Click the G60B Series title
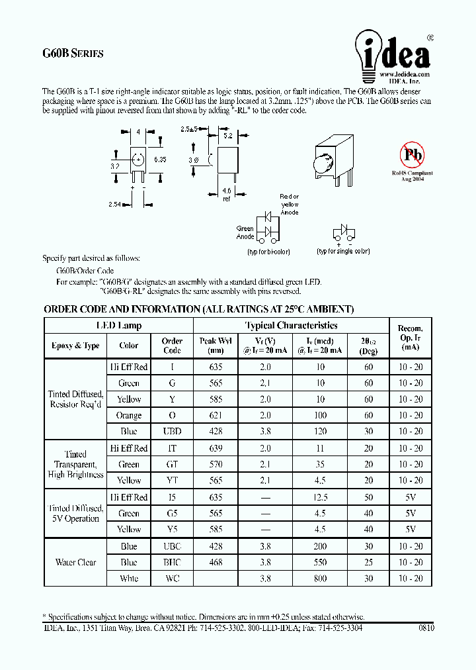click(73, 54)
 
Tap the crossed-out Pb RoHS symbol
click(411, 156)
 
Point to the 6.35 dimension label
click(160, 160)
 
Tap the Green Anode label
click(245, 232)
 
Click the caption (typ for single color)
click(343, 252)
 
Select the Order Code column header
click(172, 346)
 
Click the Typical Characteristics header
click(291, 326)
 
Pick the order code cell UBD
click(172, 431)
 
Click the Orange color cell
click(129, 415)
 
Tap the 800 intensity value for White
click(320, 578)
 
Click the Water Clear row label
click(76, 562)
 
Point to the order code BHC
click(172, 562)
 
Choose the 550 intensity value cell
click(320, 562)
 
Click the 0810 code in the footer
click(426, 628)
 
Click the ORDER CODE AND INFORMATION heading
click(198, 309)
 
